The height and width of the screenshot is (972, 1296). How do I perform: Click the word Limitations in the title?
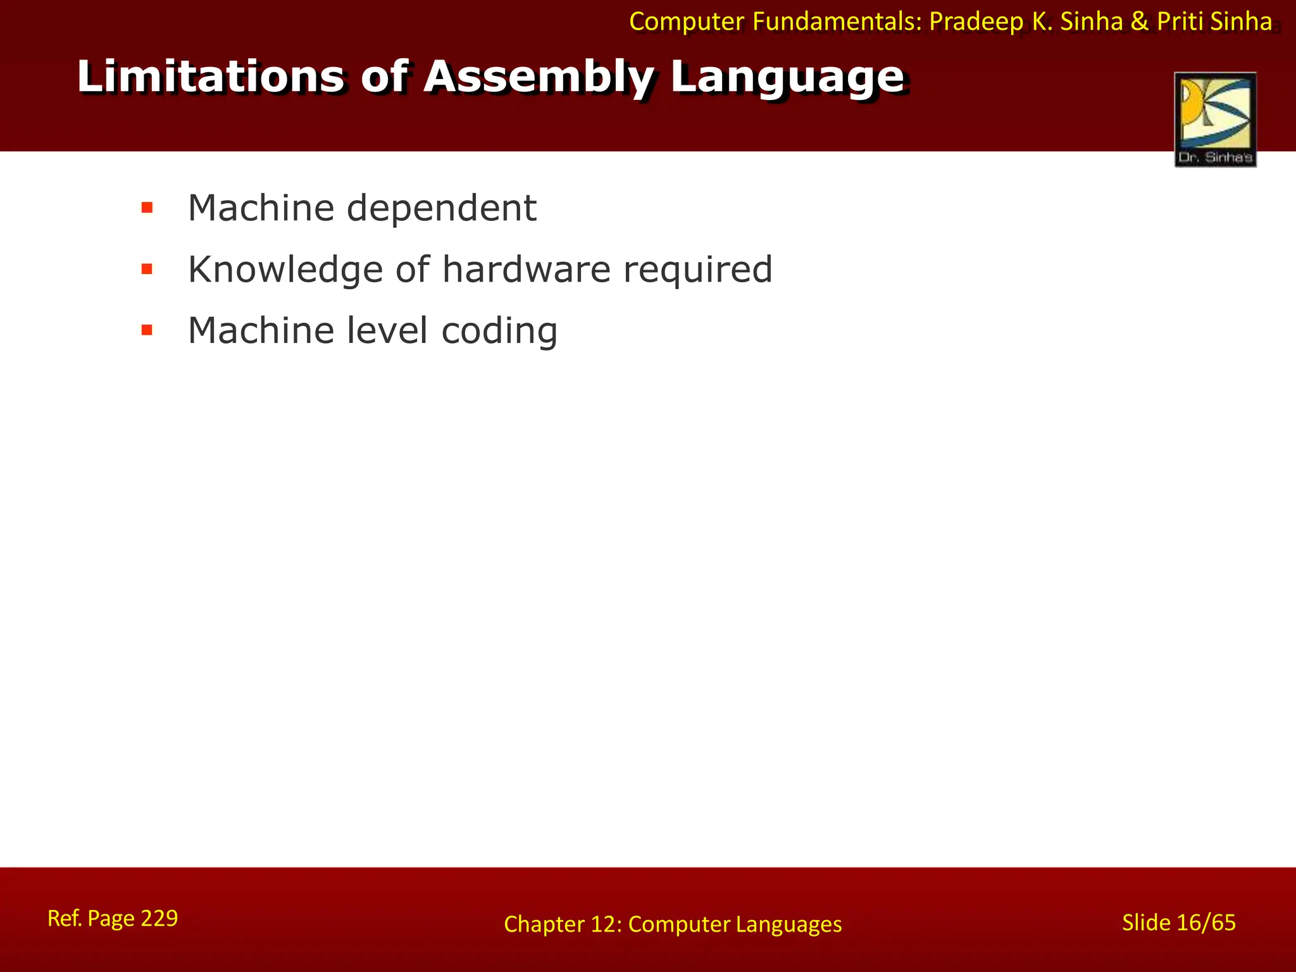pos(211,77)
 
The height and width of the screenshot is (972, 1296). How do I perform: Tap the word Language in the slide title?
pos(787,78)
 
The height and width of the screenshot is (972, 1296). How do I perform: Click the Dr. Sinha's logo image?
pos(1215,120)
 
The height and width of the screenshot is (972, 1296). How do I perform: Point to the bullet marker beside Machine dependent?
pos(147,208)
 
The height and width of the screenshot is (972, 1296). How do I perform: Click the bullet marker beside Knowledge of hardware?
pos(147,270)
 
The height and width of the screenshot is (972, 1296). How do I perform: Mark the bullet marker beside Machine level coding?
pos(147,330)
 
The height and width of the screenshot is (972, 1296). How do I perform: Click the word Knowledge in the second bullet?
pos(285,270)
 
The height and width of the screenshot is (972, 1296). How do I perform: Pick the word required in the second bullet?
pos(698,270)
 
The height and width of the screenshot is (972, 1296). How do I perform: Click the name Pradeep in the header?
pos(976,22)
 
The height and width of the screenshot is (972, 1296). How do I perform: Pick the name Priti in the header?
pos(1181,22)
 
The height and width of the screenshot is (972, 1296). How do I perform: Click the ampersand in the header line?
pos(1139,22)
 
